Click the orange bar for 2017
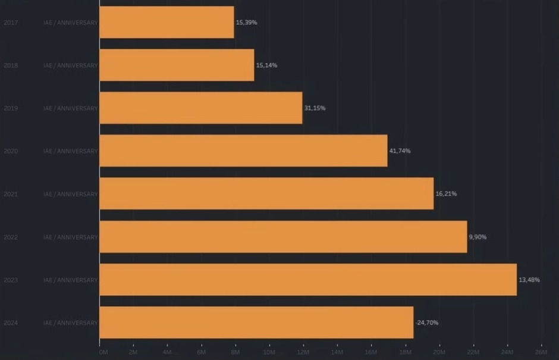tap(167, 22)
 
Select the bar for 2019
tap(201, 108)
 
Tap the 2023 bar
tap(308, 280)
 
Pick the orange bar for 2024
tap(256, 323)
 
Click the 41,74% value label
tap(400, 151)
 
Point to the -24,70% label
tap(427, 323)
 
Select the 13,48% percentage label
tap(529, 280)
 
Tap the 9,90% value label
tap(478, 237)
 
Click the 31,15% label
tap(315, 108)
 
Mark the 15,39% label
tap(246, 22)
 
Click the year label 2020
tap(11, 151)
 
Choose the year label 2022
tap(11, 237)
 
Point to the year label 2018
tap(11, 65)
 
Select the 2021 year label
tap(11, 194)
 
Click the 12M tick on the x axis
tap(303, 352)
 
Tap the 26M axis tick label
tap(541, 352)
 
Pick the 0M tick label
tap(103, 352)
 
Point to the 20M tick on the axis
tap(439, 352)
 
